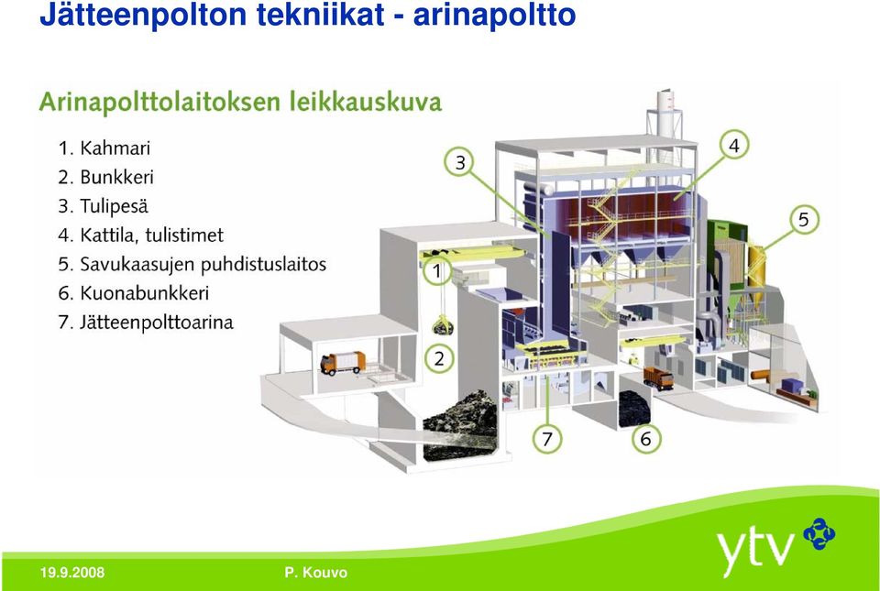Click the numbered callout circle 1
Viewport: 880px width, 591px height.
point(437,272)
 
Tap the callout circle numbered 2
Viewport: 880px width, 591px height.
point(439,358)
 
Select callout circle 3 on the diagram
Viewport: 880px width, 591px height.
point(459,162)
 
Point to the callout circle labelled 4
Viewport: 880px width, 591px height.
point(733,146)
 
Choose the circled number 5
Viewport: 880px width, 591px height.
point(803,220)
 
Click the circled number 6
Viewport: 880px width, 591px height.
point(645,439)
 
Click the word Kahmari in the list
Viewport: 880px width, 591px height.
point(115,148)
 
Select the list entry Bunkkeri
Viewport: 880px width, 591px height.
point(116,177)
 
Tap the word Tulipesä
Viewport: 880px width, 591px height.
point(114,206)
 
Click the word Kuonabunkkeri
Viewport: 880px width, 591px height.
point(144,292)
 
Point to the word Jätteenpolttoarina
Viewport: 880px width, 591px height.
point(156,322)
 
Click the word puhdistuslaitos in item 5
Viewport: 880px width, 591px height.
point(263,264)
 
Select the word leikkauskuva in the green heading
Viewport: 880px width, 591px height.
point(366,102)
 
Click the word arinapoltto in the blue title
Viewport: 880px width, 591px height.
point(494,16)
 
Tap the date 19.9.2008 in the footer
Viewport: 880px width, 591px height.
point(72,573)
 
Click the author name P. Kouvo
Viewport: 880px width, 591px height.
point(316,573)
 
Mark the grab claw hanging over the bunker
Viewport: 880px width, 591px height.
point(443,326)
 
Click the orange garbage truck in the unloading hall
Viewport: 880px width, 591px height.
point(342,363)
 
